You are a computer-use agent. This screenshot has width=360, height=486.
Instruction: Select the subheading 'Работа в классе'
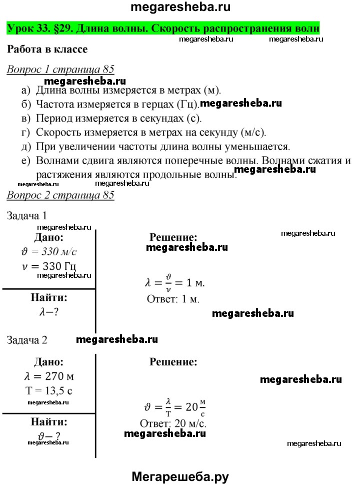47,50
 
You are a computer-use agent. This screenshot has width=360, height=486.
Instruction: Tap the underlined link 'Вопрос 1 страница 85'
60,70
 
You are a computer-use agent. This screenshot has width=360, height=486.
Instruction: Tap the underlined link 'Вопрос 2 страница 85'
60,195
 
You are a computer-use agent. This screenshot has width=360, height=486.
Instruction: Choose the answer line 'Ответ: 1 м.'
173,299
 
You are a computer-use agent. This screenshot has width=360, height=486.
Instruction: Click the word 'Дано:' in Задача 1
48,237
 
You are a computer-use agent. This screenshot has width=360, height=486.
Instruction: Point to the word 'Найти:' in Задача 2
48,421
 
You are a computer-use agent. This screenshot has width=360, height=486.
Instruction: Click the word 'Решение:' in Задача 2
173,361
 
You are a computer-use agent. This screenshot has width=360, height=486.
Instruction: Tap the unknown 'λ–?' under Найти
48,312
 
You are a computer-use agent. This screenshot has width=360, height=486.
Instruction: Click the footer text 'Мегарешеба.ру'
180,476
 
